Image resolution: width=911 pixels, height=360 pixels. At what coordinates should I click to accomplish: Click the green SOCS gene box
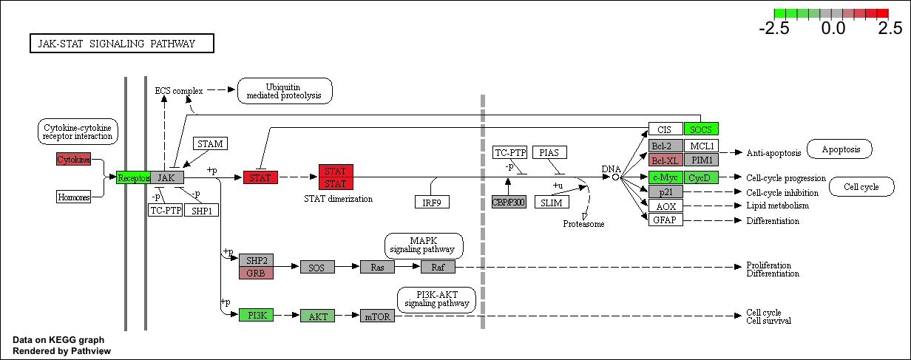(x=701, y=129)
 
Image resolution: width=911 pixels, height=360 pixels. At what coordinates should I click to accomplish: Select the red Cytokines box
(x=74, y=159)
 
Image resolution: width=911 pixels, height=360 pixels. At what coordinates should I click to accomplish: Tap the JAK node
(x=167, y=177)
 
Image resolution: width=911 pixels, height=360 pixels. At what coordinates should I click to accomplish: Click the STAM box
(x=210, y=143)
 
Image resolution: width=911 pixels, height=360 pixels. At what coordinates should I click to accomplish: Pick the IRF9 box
(x=432, y=202)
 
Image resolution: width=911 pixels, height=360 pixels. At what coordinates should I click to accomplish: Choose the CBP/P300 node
(x=509, y=202)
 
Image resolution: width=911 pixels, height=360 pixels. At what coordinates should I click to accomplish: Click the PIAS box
(x=549, y=152)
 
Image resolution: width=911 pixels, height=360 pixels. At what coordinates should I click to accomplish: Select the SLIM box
(x=552, y=202)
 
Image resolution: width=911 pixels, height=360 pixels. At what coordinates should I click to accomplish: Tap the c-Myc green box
(x=666, y=177)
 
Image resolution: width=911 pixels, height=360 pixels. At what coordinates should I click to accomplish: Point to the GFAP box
(x=666, y=220)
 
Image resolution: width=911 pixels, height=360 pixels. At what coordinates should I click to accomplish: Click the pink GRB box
(x=256, y=273)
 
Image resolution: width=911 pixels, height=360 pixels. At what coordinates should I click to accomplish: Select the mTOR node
(x=377, y=316)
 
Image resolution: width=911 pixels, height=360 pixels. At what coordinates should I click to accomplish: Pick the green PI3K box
(x=256, y=315)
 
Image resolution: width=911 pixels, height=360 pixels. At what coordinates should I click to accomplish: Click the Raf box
(x=438, y=267)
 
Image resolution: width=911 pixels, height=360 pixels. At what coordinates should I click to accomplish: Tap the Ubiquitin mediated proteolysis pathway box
(x=285, y=91)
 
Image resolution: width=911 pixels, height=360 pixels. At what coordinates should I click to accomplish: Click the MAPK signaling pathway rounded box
(x=424, y=245)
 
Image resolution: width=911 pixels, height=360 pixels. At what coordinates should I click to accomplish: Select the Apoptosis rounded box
(x=839, y=149)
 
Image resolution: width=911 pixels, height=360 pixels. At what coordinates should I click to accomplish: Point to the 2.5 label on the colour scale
(x=890, y=29)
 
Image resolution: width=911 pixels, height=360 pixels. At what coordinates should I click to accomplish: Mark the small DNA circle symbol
(x=615, y=177)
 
